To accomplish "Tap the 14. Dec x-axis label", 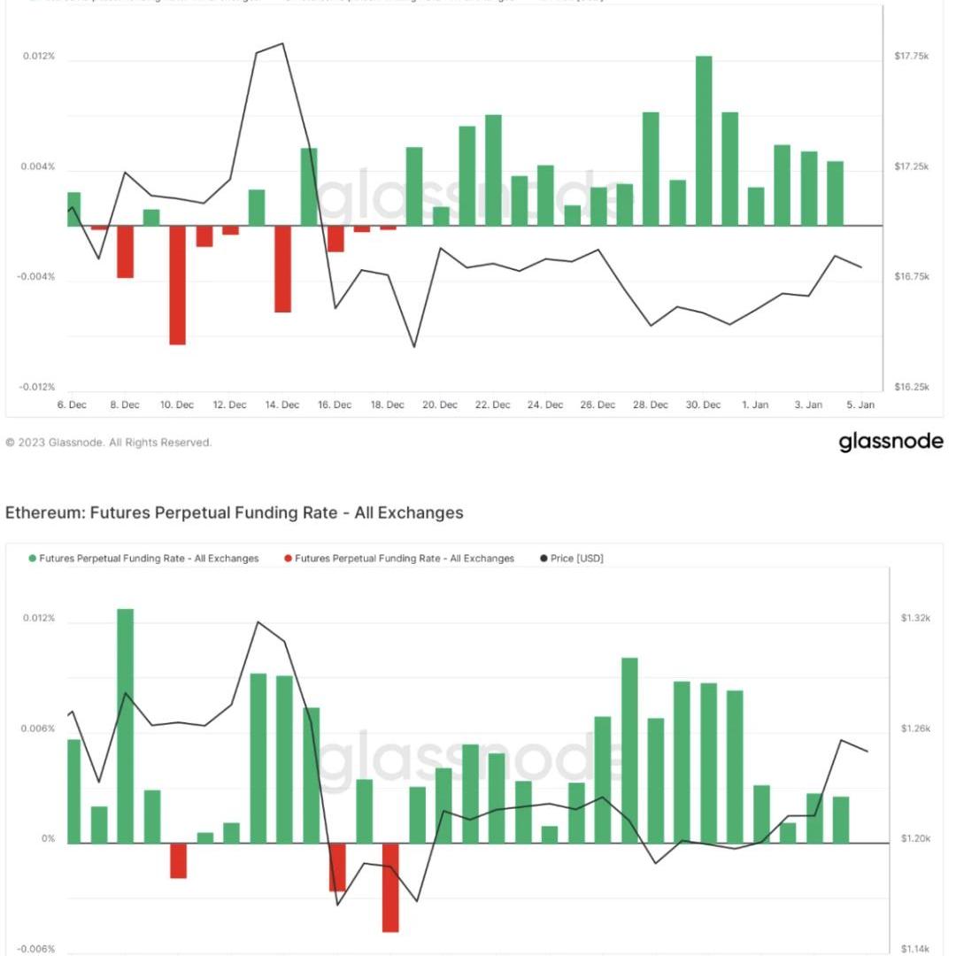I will click(x=281, y=405).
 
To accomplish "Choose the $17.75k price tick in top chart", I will click(x=911, y=57).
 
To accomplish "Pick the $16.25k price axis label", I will click(x=911, y=388).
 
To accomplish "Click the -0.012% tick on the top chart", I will click(x=39, y=388).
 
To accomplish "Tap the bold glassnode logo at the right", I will click(x=890, y=442).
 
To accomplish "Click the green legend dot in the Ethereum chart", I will click(x=33, y=559).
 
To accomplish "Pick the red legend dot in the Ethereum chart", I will click(x=288, y=559).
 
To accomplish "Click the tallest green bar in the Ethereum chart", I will click(x=125, y=726).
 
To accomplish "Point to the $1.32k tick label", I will click(x=915, y=618).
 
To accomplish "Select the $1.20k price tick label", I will click(x=915, y=839).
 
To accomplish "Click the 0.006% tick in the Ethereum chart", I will click(x=39, y=729).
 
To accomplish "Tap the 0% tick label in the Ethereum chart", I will click(x=48, y=839).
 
